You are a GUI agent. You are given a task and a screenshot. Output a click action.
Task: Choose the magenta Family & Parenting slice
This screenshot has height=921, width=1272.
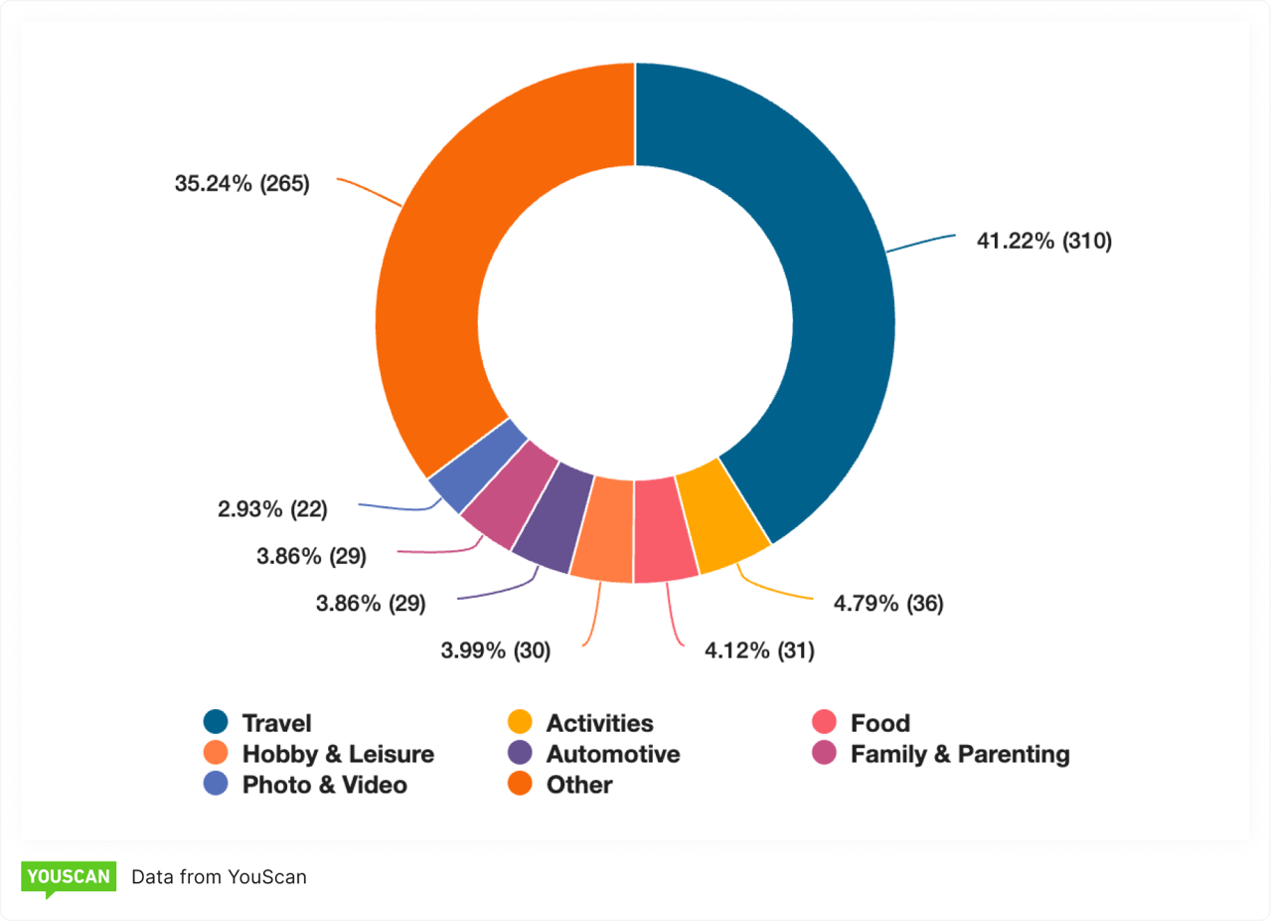coord(511,493)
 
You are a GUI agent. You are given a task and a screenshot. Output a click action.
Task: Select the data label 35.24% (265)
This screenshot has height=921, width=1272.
coord(242,184)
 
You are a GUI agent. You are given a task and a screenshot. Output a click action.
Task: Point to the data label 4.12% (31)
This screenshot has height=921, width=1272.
coord(746,651)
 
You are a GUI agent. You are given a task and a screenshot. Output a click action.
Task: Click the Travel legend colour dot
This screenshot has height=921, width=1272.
coord(216,723)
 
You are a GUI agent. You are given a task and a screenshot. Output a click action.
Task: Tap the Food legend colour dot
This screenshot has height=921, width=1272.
coord(824,723)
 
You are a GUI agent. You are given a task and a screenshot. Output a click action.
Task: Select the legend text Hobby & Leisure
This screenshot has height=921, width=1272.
coord(338,754)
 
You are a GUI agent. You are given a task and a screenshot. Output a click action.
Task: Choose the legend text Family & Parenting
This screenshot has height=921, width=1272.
coord(960,754)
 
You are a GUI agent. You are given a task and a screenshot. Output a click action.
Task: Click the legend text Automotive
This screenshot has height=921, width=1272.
coord(613,754)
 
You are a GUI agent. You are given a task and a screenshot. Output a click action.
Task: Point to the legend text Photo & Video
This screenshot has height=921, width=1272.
coord(324,785)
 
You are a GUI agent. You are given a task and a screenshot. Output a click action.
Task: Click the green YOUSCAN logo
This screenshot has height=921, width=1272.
coord(69,877)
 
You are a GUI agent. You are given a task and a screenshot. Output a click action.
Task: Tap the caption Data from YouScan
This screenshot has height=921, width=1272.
coord(219,877)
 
